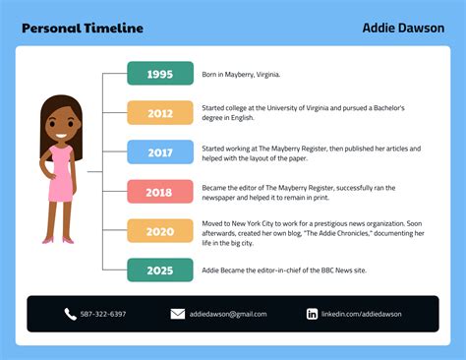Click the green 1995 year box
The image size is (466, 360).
(x=159, y=74)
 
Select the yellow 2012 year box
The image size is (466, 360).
(x=159, y=113)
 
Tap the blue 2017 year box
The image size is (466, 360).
(x=159, y=152)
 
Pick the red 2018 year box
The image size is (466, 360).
(x=159, y=192)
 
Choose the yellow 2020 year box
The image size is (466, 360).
(x=159, y=231)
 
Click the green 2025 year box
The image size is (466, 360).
(x=159, y=270)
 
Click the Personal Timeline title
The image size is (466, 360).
(x=82, y=28)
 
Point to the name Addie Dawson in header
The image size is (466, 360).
(x=403, y=28)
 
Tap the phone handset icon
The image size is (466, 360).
(x=70, y=314)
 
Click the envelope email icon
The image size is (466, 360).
(x=178, y=314)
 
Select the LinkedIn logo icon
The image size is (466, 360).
(x=312, y=314)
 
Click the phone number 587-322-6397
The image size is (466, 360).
(x=103, y=314)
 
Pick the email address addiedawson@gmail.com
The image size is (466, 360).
(x=228, y=314)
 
